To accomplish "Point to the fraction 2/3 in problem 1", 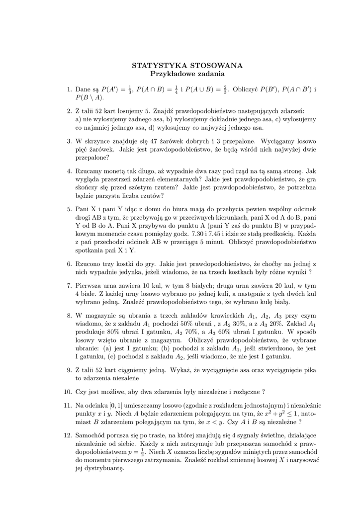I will [225, 89].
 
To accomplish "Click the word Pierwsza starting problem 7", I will [90, 286].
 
